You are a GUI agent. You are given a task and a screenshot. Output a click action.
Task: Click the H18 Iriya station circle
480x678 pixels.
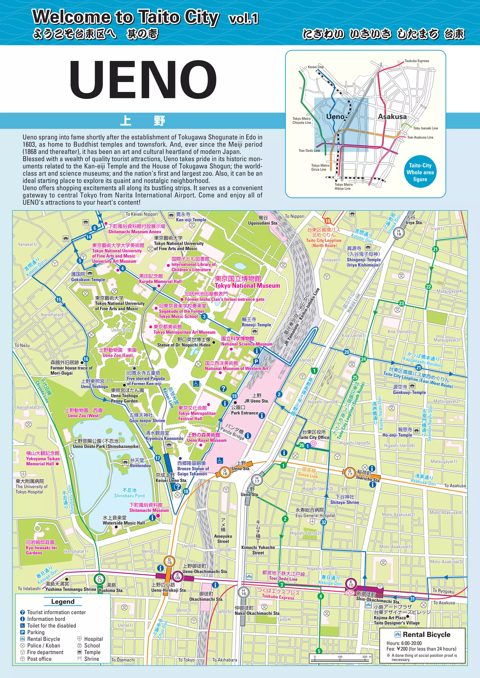click(x=399, y=232)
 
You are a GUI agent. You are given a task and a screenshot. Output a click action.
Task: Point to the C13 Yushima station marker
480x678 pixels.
click(x=100, y=579)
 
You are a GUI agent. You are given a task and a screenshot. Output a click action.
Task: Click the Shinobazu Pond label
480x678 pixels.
click(x=129, y=493)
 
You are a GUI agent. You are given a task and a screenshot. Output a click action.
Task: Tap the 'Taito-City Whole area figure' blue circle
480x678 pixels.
click(x=420, y=172)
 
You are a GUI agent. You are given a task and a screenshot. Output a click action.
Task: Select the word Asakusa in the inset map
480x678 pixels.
click(x=392, y=116)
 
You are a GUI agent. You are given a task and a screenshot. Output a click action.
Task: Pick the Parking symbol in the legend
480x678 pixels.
click(x=22, y=632)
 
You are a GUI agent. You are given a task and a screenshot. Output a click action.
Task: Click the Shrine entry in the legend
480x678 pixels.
click(x=91, y=659)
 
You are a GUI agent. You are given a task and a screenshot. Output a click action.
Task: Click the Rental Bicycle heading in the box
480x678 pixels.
click(x=426, y=635)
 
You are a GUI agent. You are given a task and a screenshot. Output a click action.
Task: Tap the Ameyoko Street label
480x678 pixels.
click(x=223, y=539)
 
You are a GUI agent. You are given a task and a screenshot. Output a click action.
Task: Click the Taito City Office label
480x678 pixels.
click(x=314, y=437)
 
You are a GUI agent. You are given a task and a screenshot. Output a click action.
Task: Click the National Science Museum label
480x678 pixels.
click(x=247, y=344)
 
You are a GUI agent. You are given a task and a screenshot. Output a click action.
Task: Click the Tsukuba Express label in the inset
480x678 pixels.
click(x=416, y=61)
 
